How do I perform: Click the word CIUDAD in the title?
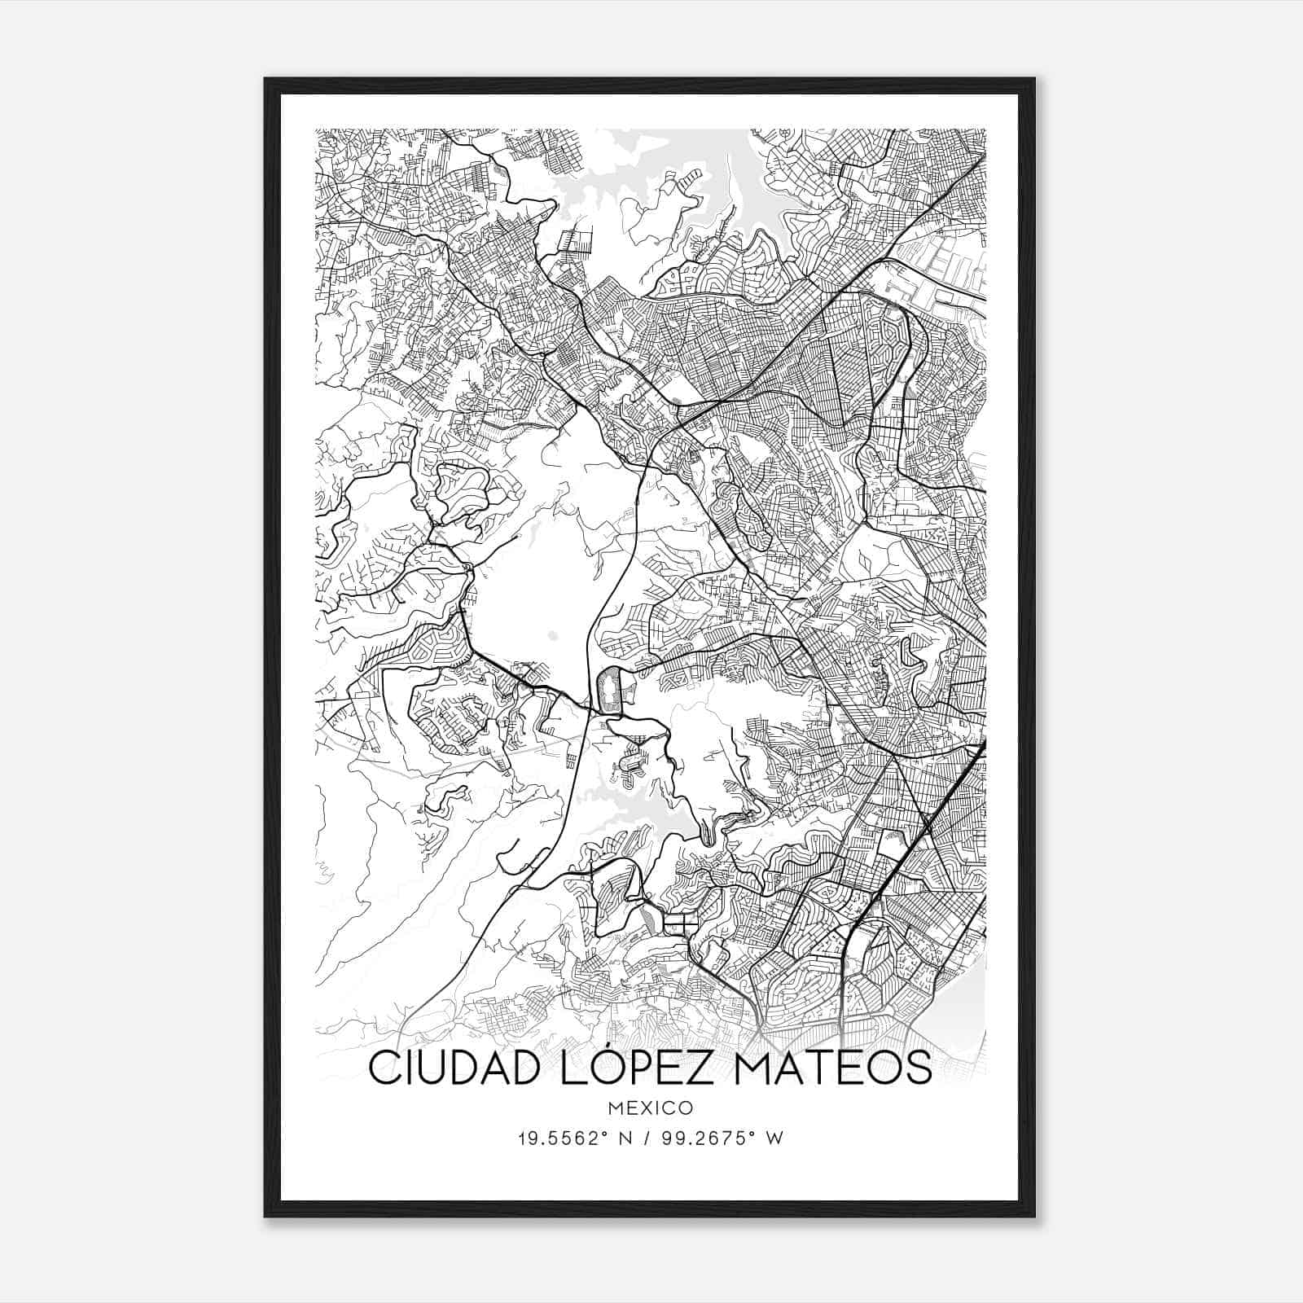[x=449, y=1068]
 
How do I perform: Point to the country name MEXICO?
[x=650, y=1108]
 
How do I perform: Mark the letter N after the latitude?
[x=625, y=1138]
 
